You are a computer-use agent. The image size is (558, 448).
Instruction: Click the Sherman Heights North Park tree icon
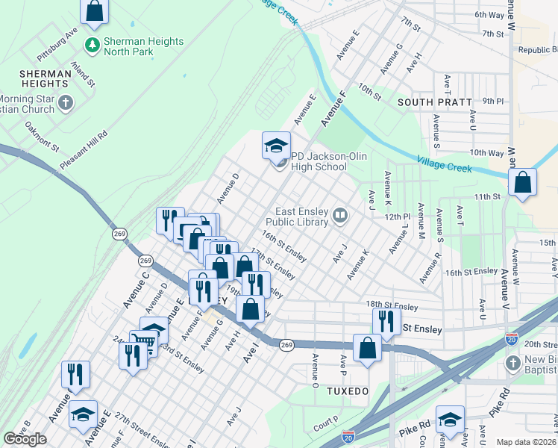point(93,45)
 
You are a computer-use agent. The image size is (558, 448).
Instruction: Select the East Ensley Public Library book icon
point(340,216)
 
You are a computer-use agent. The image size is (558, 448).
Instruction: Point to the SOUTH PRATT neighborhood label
point(434,102)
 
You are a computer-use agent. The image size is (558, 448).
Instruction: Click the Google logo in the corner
point(25,439)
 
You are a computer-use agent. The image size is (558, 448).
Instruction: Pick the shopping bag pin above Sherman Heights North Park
point(95,11)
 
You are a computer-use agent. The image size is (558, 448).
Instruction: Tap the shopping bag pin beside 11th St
point(523,183)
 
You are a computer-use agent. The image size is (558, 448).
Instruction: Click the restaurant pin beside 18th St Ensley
point(386,321)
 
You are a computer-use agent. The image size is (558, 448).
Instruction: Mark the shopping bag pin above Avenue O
point(367,348)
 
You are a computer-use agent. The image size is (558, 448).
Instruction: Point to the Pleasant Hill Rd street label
point(84,150)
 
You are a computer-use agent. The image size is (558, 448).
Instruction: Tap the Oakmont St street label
point(42,137)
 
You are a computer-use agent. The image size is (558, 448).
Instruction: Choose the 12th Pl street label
point(398,217)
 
